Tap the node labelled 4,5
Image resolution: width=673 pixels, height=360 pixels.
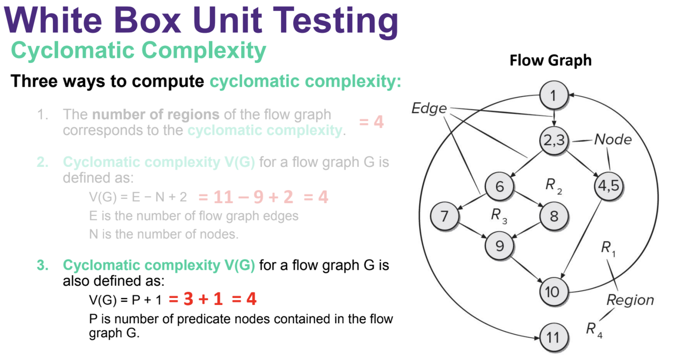(608, 186)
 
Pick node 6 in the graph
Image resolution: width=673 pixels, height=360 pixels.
(499, 186)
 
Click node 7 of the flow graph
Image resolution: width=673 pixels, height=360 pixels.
(444, 216)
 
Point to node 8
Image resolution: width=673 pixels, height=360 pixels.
(554, 216)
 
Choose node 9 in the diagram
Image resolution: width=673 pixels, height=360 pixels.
(499, 246)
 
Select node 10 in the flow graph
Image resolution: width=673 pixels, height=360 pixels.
(552, 291)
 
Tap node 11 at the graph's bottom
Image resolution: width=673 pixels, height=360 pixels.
(553, 337)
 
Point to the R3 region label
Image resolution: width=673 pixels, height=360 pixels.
(499, 216)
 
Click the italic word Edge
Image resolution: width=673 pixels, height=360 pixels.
(429, 108)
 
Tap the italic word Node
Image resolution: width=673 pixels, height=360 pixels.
(612, 139)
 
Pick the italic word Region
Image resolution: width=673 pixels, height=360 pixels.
(630, 300)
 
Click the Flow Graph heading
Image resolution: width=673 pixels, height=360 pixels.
(550, 61)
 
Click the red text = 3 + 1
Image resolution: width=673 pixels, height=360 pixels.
(196, 299)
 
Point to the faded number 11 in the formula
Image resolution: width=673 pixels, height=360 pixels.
(222, 197)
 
